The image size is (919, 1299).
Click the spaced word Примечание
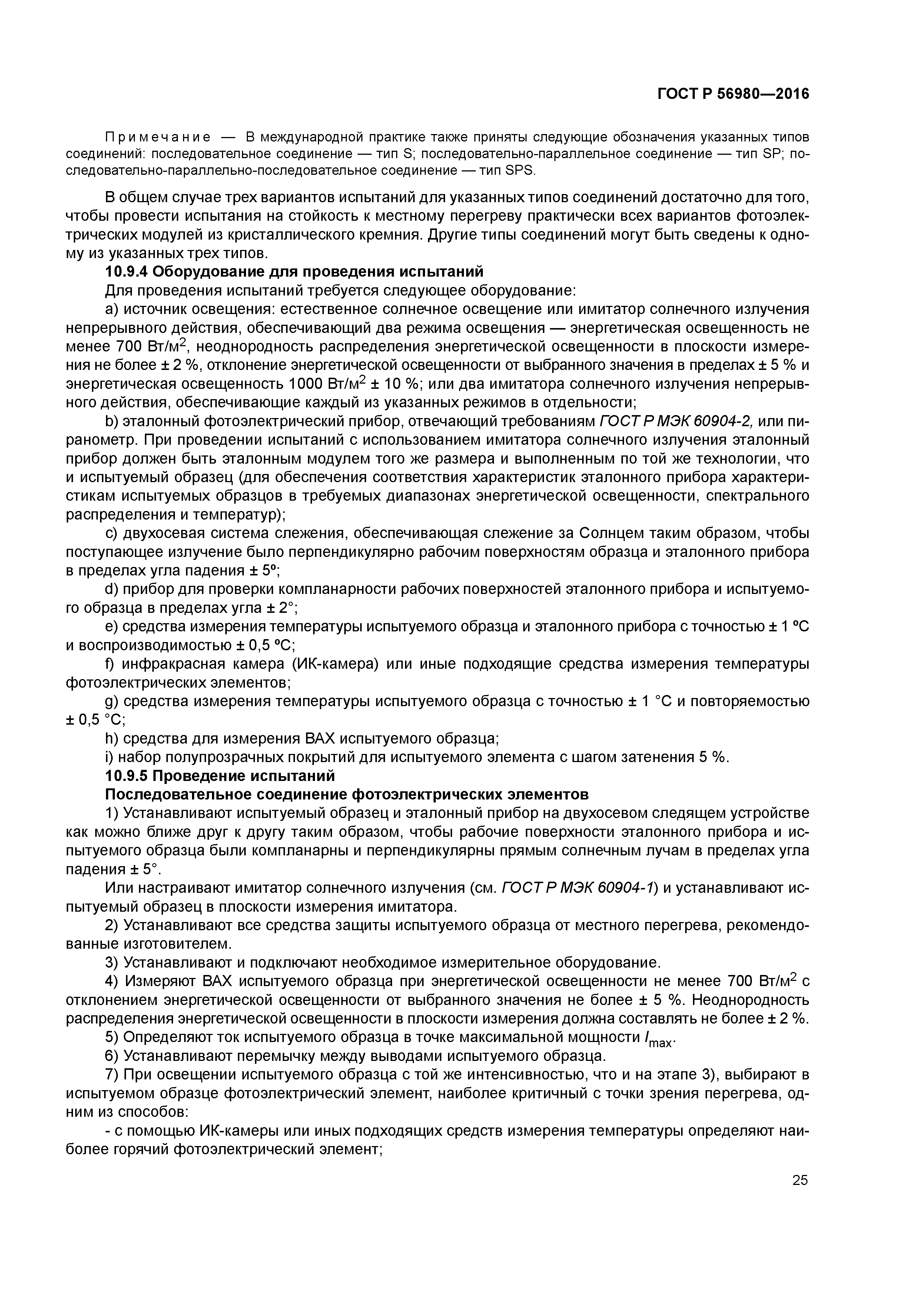click(158, 137)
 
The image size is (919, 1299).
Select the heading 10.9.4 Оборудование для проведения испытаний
click(295, 272)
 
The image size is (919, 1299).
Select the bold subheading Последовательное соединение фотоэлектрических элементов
click(346, 794)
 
